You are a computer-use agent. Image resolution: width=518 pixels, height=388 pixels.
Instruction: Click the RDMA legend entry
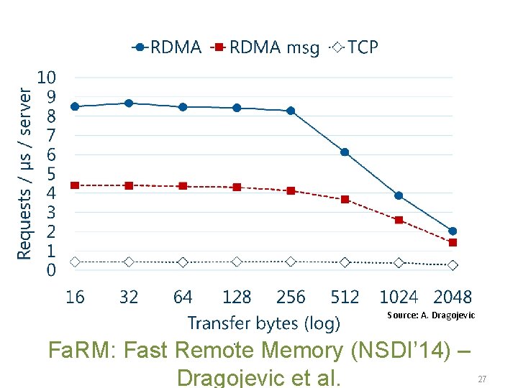pos(167,47)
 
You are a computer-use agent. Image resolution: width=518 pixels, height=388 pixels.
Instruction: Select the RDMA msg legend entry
pos(265,47)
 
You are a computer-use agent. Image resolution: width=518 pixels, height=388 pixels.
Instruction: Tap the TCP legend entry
pos(354,47)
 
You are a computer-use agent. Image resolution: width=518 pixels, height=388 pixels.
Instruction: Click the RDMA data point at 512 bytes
pos(345,152)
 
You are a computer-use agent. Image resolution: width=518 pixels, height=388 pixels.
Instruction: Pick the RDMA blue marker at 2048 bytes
pos(453,231)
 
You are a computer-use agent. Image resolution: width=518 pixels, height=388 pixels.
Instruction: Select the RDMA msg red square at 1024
pos(399,220)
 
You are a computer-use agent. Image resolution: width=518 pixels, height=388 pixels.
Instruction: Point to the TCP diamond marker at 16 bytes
pos(75,262)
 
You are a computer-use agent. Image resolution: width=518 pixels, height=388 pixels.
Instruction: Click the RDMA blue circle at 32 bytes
pos(129,103)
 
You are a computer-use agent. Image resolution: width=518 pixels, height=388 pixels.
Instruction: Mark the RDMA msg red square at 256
pos(291,191)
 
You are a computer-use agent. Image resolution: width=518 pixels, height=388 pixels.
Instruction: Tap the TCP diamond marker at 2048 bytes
pos(453,265)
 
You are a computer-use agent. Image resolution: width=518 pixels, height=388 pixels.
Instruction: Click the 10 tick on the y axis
pos(47,77)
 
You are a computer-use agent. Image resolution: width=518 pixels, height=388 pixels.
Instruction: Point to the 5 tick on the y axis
pos(51,174)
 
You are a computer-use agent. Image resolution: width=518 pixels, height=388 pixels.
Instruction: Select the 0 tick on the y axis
pos(51,271)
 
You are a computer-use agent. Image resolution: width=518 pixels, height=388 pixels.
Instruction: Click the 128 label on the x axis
pos(237,297)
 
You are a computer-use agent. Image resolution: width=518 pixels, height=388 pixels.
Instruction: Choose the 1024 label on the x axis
pos(399,297)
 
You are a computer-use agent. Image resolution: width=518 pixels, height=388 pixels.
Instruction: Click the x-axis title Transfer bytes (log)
pos(263,323)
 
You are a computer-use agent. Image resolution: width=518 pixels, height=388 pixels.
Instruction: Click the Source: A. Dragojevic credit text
pos(431,315)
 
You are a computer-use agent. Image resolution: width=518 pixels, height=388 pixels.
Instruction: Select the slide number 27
pos(482,379)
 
